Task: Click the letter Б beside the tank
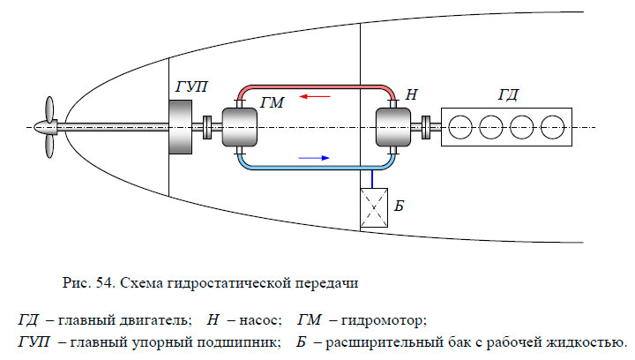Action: click(x=399, y=206)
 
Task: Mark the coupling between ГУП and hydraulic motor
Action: click(x=207, y=127)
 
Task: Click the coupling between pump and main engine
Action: click(x=425, y=127)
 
